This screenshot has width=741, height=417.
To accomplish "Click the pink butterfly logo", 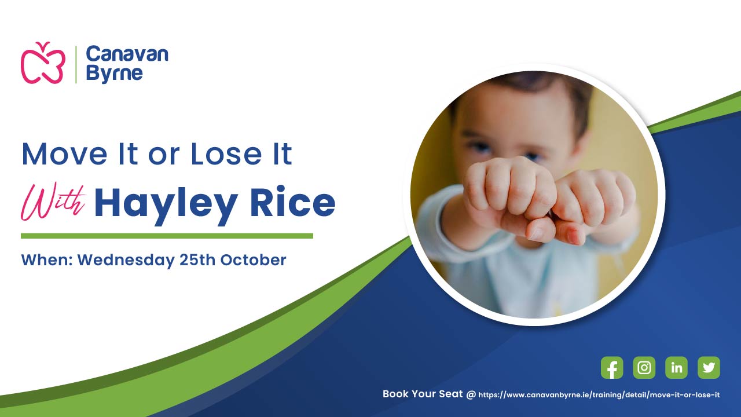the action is tap(43, 63).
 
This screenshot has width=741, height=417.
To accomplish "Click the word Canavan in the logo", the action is tap(127, 54).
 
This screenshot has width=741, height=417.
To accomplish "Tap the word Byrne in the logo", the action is tap(114, 74).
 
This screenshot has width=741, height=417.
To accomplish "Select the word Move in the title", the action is tap(64, 154).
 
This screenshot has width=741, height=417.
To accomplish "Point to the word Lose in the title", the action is tap(226, 154).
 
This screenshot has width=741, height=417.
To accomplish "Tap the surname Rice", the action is tap(293, 202).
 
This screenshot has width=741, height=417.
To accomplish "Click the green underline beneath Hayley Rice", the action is tap(167, 236).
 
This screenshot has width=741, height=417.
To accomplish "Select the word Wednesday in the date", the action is tap(126, 261).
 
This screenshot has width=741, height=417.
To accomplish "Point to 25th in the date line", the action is tap(197, 260).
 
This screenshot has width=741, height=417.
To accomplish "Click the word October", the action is tap(254, 260).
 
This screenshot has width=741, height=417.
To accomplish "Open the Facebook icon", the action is tap(612, 367).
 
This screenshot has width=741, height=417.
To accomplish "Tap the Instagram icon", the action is tap(644, 367).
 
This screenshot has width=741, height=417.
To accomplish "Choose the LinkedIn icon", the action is tap(676, 367).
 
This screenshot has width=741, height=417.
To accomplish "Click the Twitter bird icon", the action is tap(709, 367).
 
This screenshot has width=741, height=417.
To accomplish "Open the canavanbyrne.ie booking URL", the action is tap(599, 395).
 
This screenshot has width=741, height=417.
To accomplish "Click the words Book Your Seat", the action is tap(423, 394).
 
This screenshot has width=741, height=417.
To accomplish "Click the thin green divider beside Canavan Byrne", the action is tap(76, 64).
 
